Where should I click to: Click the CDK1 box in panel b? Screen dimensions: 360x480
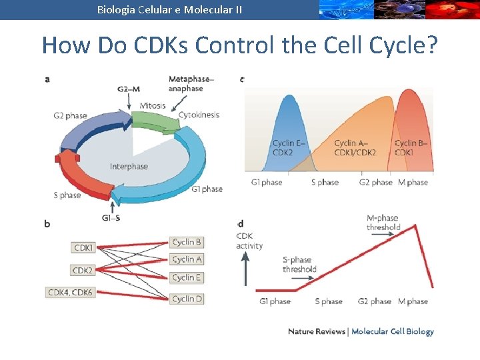[83, 248]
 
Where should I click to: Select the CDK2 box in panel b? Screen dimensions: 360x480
[83, 271]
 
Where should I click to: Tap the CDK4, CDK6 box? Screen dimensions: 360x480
[70, 293]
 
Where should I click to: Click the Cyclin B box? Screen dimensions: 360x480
[187, 242]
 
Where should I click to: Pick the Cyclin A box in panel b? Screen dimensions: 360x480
[187, 259]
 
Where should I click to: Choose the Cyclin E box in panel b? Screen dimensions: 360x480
[187, 277]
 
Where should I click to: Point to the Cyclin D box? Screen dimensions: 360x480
[187, 299]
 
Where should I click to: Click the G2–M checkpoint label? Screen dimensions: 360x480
[128, 89]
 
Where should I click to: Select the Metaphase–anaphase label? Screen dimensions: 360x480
[191, 84]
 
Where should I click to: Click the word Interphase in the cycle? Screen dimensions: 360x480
[129, 167]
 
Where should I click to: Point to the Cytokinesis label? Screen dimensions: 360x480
[199, 115]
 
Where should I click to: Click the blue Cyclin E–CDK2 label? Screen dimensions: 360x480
[288, 148]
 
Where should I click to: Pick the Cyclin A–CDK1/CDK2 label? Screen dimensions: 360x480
[355, 148]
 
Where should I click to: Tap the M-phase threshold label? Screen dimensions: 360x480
[383, 223]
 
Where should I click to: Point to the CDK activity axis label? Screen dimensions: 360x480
[249, 241]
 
